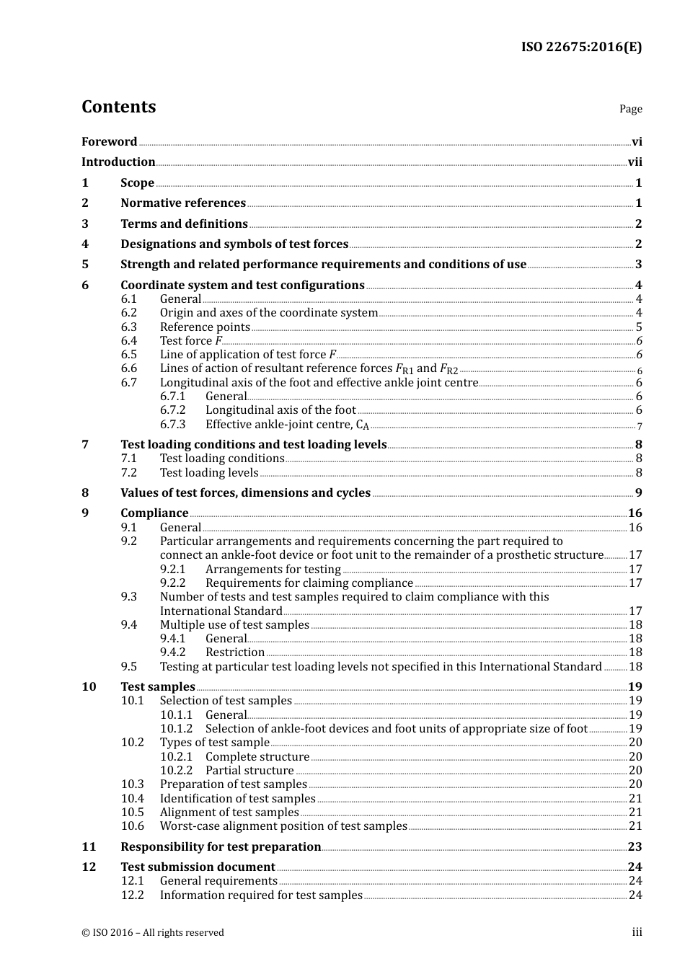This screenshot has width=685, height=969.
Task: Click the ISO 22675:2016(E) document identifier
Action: point(581,47)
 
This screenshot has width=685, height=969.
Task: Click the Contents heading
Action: point(118,107)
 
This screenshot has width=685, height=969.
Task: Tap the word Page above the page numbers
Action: point(630,109)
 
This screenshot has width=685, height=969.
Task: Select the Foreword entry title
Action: point(109,142)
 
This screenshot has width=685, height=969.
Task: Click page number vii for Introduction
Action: point(635,162)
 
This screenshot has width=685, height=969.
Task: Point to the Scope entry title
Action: point(137,183)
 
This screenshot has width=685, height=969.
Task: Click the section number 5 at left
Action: point(85,265)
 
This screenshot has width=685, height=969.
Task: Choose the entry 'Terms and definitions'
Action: point(184,224)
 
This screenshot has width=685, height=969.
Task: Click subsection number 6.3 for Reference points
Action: point(128,327)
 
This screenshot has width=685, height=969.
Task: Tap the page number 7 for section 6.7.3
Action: point(639,426)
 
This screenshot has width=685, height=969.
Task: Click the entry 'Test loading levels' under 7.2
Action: point(209,473)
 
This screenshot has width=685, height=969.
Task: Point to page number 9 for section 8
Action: point(638,493)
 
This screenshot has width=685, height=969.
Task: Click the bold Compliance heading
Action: point(154,513)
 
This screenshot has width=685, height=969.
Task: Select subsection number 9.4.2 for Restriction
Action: point(172,652)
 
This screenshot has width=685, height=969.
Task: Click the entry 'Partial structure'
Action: point(249,771)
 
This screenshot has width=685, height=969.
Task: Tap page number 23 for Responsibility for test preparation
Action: point(635,847)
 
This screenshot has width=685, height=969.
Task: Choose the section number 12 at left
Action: point(89,867)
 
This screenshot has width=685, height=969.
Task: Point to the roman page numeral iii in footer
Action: point(637,932)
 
